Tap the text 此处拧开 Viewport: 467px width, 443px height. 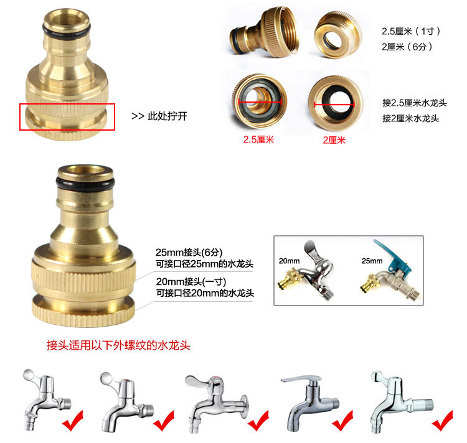[167, 116]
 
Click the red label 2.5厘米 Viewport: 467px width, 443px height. [258, 139]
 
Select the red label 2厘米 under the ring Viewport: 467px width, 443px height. [334, 140]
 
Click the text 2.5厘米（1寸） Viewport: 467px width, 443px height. [411, 31]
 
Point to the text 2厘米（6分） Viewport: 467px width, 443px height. [407, 47]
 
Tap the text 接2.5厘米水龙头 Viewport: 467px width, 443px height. [415, 103]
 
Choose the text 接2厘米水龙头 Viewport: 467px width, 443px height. [411, 118]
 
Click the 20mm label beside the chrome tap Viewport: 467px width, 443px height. [289, 261]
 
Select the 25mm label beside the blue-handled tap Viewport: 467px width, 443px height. [372, 261]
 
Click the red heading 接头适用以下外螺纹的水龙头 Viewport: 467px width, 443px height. [118, 345]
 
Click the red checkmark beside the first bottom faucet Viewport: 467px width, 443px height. [73, 421]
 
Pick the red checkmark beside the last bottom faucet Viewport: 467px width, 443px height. [443, 421]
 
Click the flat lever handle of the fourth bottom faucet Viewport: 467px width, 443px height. [301, 379]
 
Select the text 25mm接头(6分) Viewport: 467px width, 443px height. [189, 252]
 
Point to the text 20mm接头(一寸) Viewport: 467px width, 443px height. [191, 281]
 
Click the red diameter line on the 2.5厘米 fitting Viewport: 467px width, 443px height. [260, 102]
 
